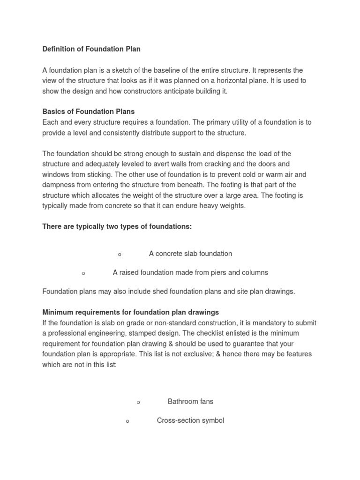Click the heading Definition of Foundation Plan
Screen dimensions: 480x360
coord(91,49)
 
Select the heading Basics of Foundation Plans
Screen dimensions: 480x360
coord(89,112)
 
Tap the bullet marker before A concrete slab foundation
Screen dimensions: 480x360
coord(120,255)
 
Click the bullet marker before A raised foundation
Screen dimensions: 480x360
coord(83,273)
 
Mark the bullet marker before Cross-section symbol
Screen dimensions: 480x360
coord(127,421)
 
